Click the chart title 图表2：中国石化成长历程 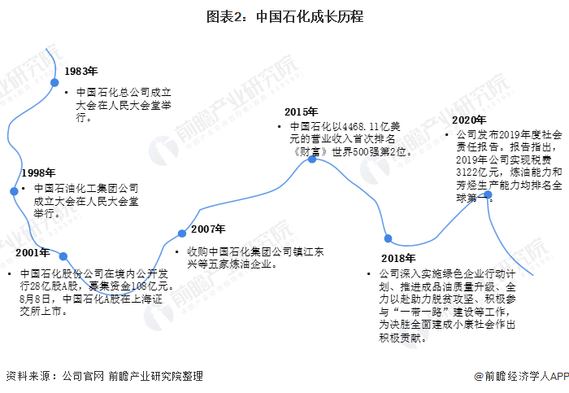click(x=284, y=16)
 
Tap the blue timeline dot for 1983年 click(x=54, y=82)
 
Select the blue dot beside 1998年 click(x=14, y=191)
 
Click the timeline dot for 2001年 click(x=63, y=256)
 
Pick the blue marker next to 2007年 click(x=182, y=235)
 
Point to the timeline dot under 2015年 click(x=311, y=159)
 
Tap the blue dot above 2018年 click(x=389, y=238)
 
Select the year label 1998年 click(x=38, y=173)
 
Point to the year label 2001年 click(x=32, y=253)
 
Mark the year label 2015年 click(x=301, y=111)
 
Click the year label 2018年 click(x=397, y=258)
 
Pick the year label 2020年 click(x=470, y=120)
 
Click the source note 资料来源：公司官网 click(x=54, y=376)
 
